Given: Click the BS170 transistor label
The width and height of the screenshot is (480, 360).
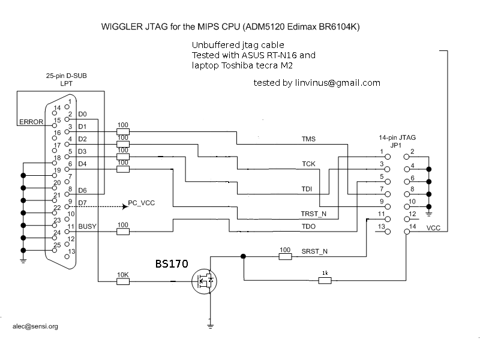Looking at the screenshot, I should pyautogui.click(x=172, y=263).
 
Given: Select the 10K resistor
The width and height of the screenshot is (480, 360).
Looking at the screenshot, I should pyautogui.click(x=122, y=280).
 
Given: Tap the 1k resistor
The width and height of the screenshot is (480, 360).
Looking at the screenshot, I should pyautogui.click(x=325, y=280).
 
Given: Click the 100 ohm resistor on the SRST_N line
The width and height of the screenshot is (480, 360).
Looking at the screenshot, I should pyautogui.click(x=286, y=256).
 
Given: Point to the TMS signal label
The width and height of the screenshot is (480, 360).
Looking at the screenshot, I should pyautogui.click(x=308, y=139).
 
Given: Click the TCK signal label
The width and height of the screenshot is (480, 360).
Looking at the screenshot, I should pyautogui.click(x=308, y=164).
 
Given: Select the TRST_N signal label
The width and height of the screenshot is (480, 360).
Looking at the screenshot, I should pyautogui.click(x=314, y=214).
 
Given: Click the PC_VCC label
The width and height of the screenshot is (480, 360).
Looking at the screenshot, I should pyautogui.click(x=142, y=203).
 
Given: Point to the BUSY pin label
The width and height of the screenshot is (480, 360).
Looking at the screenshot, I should pyautogui.click(x=87, y=227).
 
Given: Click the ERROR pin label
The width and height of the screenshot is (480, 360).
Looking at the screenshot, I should pyautogui.click(x=31, y=122).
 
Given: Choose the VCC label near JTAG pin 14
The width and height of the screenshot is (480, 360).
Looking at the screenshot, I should pyautogui.click(x=434, y=228).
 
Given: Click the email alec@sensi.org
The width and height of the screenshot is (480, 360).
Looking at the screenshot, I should pyautogui.click(x=35, y=327).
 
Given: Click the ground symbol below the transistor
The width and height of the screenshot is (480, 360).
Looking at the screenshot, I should pyautogui.click(x=210, y=326).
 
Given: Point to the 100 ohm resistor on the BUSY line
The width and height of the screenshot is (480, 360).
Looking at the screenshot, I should pyautogui.click(x=122, y=231).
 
